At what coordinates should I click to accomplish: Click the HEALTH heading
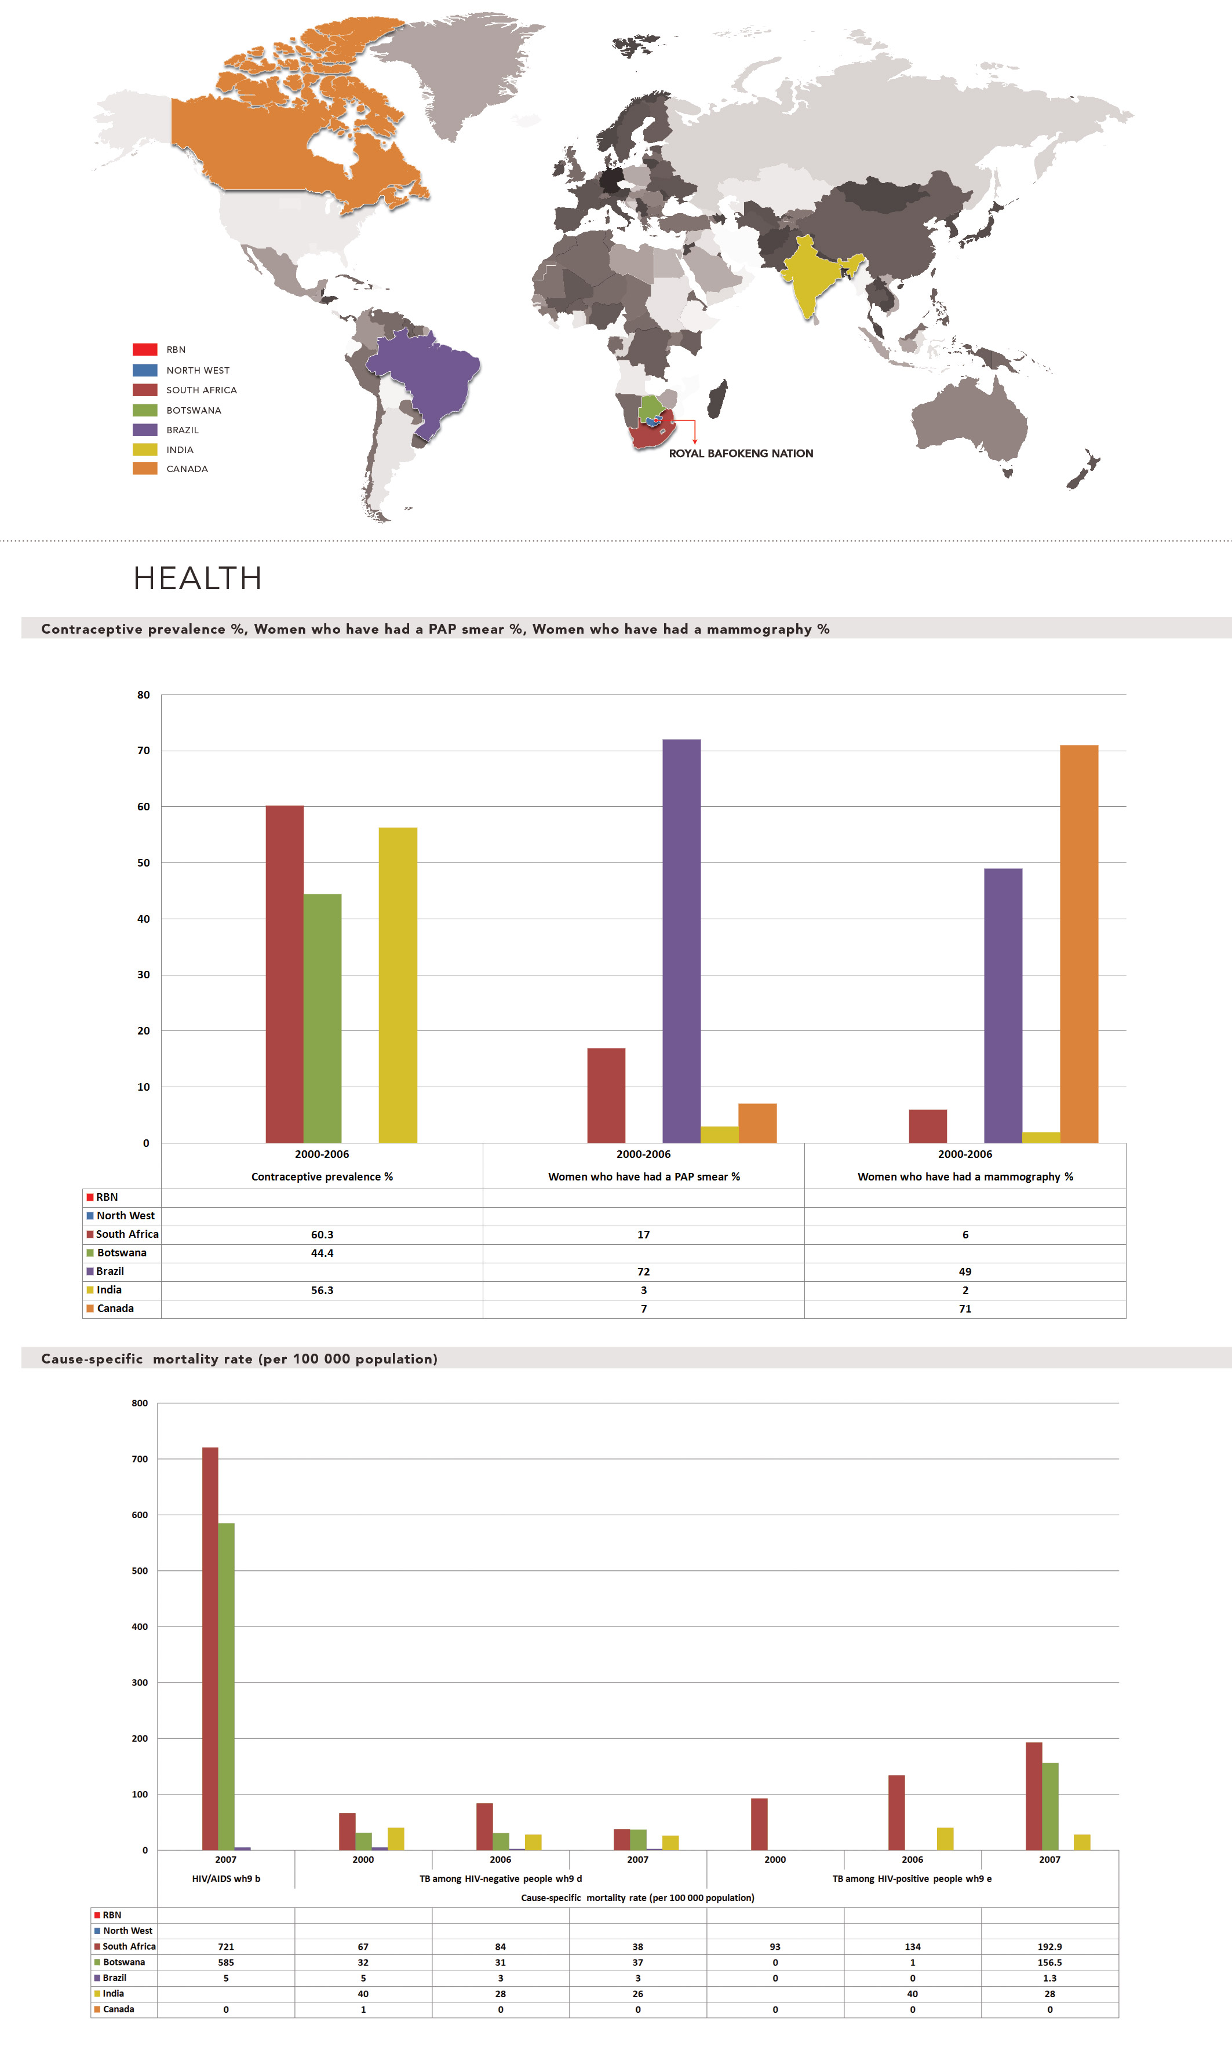(x=198, y=578)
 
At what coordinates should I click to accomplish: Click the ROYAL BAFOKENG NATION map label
(x=741, y=453)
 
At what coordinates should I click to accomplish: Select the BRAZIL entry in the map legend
(x=182, y=430)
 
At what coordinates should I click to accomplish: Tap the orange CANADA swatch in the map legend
(x=144, y=469)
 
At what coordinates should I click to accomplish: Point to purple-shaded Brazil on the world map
(x=424, y=374)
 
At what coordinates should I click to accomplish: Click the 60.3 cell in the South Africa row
(x=322, y=1235)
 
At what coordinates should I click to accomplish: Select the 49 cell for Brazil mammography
(x=965, y=1271)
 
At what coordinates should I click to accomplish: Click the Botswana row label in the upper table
(x=121, y=1253)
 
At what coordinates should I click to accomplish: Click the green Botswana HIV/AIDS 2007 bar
(x=226, y=1693)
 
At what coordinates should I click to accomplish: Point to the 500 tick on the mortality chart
(x=140, y=1571)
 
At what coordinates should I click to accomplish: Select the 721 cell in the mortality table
(x=226, y=1947)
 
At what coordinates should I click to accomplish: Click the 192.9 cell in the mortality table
(x=1049, y=1947)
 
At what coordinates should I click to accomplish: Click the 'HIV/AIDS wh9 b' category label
(x=226, y=1878)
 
